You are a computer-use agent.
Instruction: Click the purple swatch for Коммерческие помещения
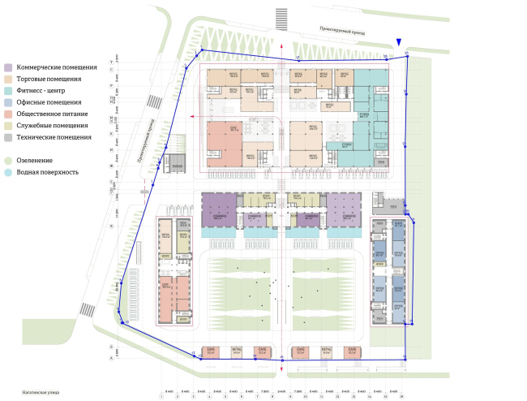pos(7,67)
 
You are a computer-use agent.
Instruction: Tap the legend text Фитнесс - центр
pos(45,91)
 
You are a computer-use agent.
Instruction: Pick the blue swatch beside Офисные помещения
pos(7,103)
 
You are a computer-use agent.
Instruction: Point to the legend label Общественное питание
pos(54,114)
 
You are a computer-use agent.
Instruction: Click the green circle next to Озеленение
pos(7,161)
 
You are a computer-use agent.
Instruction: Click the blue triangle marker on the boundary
pos(398,43)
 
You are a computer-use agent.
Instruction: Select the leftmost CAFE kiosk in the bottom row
pos(211,352)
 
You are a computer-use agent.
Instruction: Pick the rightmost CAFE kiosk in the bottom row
pos(353,352)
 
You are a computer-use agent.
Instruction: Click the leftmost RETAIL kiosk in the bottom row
pos(236,352)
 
